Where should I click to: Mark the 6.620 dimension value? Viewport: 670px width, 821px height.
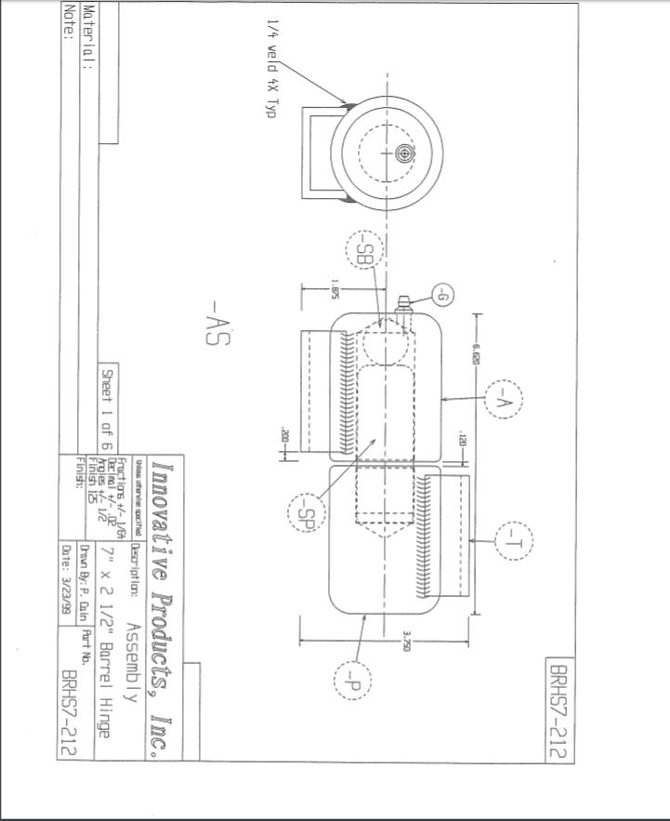(x=475, y=354)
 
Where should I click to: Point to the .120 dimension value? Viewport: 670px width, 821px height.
(x=461, y=436)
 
